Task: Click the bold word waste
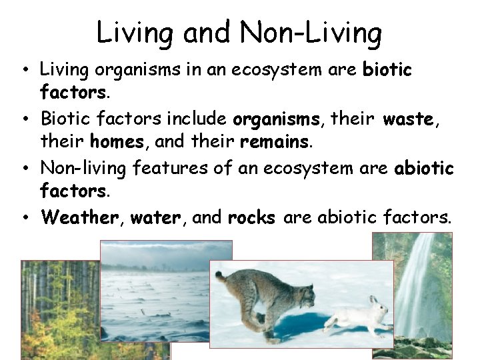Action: click(409, 119)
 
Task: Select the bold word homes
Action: click(116, 142)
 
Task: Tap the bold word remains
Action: click(275, 142)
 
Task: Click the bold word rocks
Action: click(251, 217)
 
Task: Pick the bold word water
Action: click(155, 217)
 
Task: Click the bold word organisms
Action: click(276, 120)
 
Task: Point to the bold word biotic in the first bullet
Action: click(387, 69)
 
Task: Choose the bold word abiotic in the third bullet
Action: click(424, 168)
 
